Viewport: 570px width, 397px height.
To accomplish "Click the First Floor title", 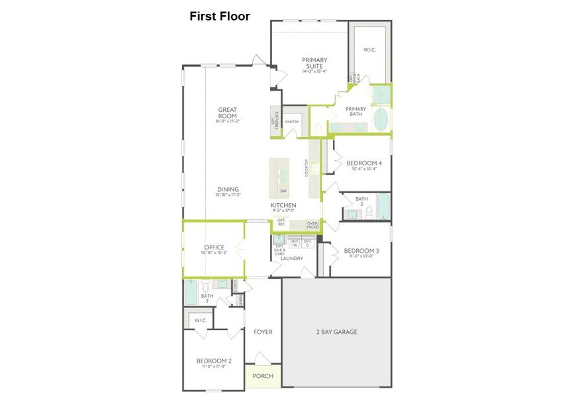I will (x=220, y=17).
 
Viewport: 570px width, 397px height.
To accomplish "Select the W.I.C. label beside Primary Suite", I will (x=369, y=49).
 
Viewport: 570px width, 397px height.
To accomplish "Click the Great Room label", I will (x=227, y=113).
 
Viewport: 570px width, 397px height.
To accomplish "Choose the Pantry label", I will (x=292, y=122).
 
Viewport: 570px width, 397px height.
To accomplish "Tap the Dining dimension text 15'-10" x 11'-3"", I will (x=227, y=195).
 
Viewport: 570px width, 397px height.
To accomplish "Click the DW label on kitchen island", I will (x=283, y=191).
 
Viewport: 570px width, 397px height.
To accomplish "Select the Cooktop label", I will (x=306, y=168).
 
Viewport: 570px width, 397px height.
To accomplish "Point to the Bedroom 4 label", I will (x=363, y=163).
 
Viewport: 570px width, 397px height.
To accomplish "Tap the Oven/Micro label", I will (x=312, y=225).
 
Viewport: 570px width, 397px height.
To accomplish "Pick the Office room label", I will (x=214, y=247).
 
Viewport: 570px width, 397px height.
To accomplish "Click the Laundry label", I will (x=291, y=258).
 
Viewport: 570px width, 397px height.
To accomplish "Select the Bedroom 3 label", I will (x=361, y=251).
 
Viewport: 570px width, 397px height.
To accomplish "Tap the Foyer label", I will (x=263, y=331).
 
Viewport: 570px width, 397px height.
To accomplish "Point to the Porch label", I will (x=263, y=375).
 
